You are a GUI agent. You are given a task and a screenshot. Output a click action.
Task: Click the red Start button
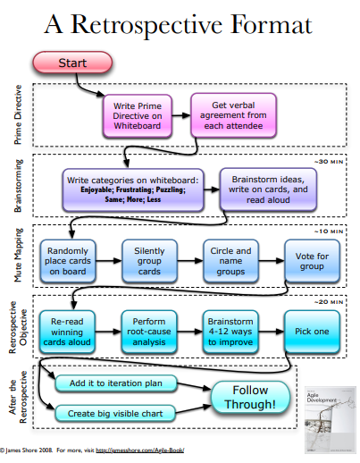(72, 63)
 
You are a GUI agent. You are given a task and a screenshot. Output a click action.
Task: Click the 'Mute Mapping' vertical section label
(16, 257)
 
